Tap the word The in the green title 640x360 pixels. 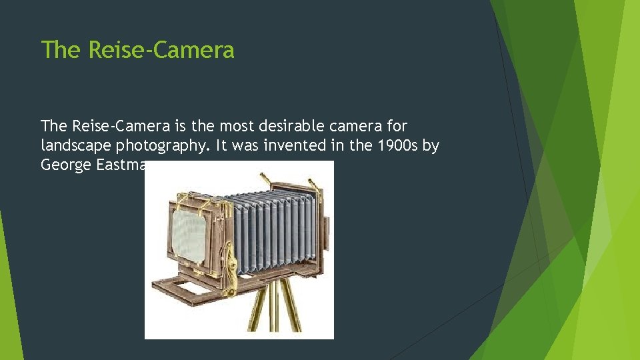click(x=60, y=50)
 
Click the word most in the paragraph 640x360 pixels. click(x=233, y=126)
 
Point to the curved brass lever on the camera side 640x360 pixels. click(x=231, y=263)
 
